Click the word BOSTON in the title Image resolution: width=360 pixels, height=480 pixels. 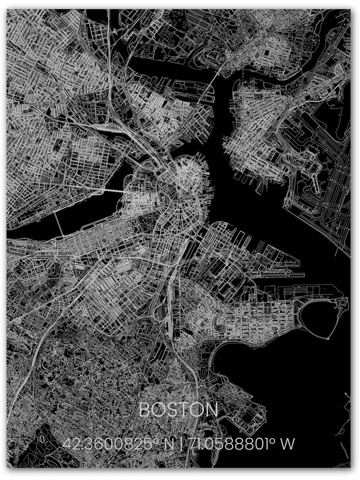point(178,410)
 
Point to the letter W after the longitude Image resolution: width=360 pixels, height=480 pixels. point(288,443)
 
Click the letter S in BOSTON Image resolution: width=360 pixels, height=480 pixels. point(172,410)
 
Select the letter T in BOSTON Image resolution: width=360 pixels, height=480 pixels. point(184,410)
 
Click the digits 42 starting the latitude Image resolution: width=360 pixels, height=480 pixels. point(70,443)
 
